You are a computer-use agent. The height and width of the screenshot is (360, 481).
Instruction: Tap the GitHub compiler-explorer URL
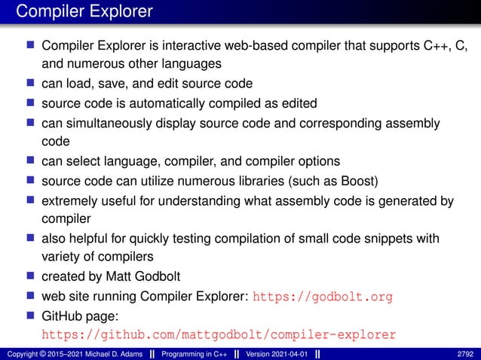(x=218, y=334)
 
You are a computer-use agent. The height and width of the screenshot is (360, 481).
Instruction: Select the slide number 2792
(x=466, y=353)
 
